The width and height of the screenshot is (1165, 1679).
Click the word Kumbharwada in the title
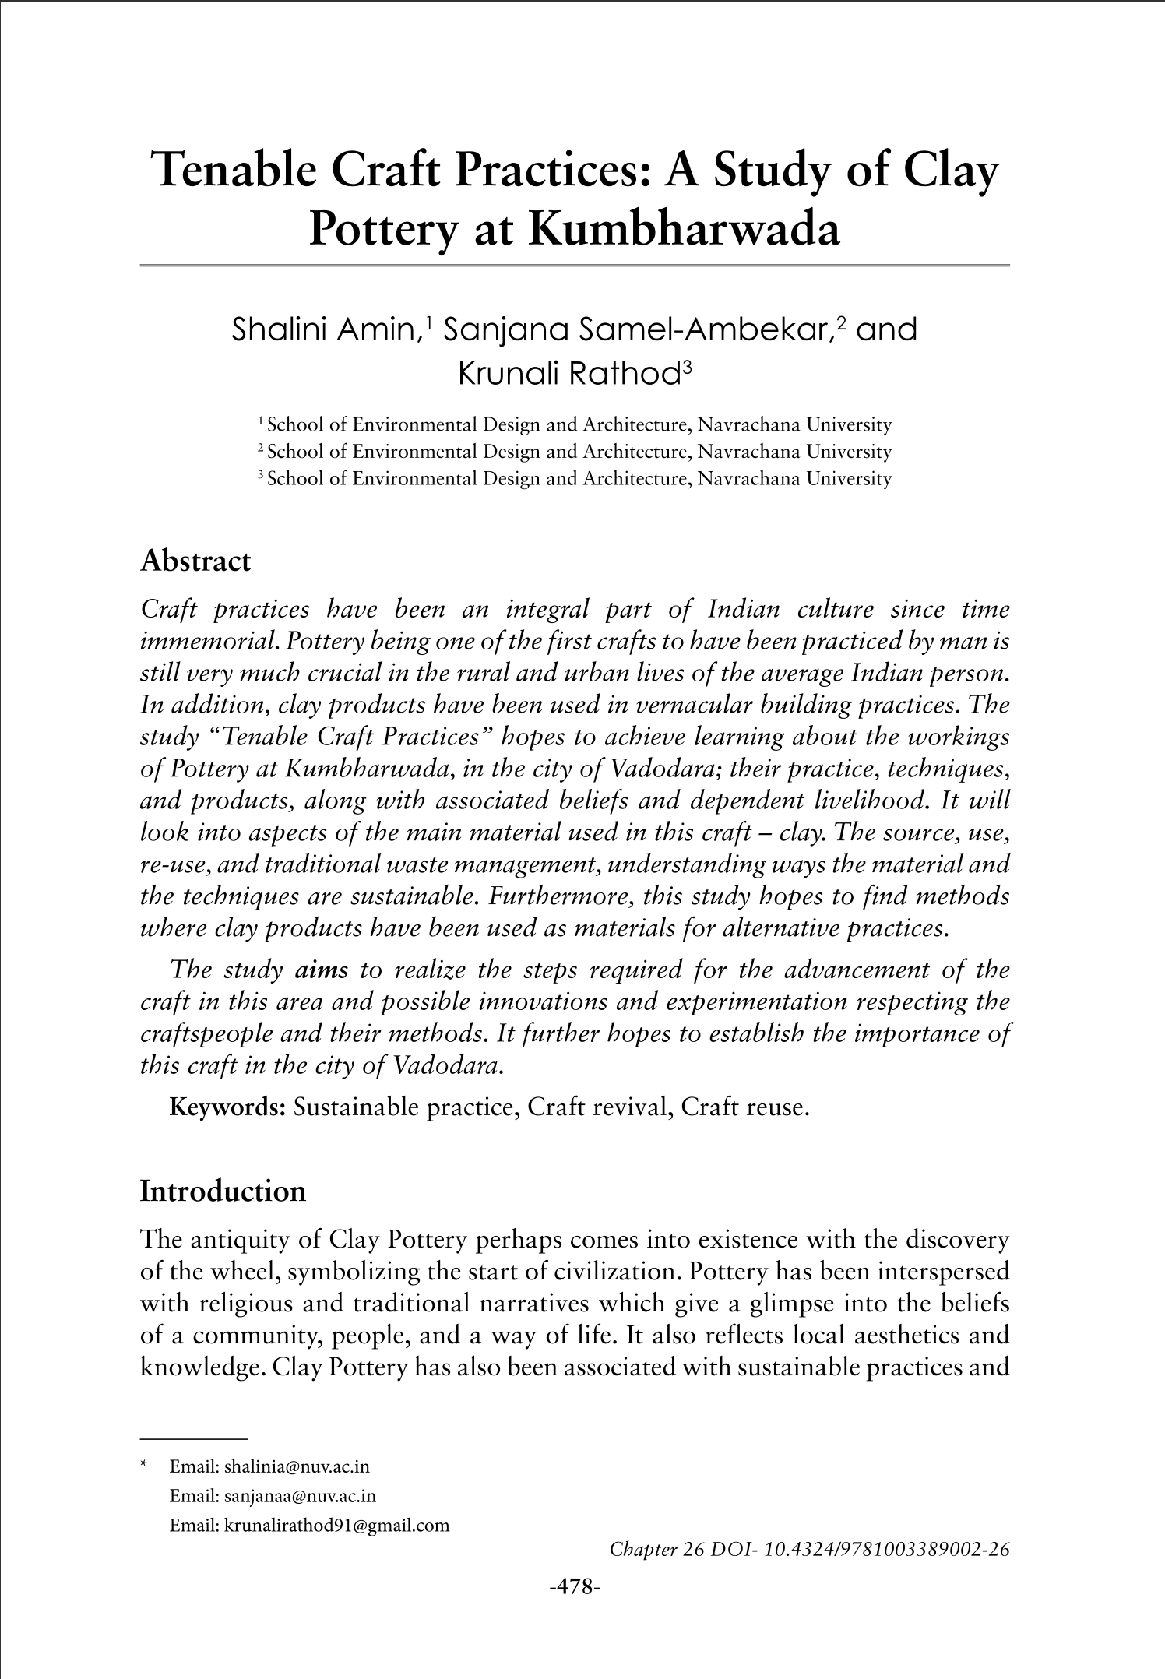684,230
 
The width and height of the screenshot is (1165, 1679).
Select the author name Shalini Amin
326,330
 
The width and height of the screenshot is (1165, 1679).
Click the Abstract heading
195,561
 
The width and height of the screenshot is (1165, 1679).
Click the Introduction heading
223,1191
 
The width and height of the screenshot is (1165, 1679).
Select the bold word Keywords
228,1107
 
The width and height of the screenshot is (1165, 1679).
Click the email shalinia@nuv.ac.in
296,1467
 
